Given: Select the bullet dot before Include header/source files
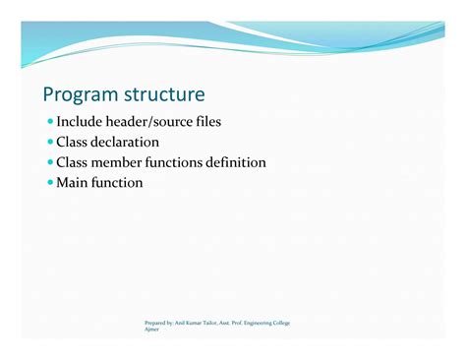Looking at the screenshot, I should [49, 122].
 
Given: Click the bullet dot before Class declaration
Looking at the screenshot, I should [49, 143].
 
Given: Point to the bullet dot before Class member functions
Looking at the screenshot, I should [49, 163].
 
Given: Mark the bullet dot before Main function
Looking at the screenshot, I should [49, 184].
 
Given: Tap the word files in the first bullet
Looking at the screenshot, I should [204, 122].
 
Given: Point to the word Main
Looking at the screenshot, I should [72, 184].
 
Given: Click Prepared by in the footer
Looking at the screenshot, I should [158, 323].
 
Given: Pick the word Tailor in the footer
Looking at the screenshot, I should [214, 323].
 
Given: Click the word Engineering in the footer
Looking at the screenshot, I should [262, 323].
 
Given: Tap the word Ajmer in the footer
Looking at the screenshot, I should [151, 330].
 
